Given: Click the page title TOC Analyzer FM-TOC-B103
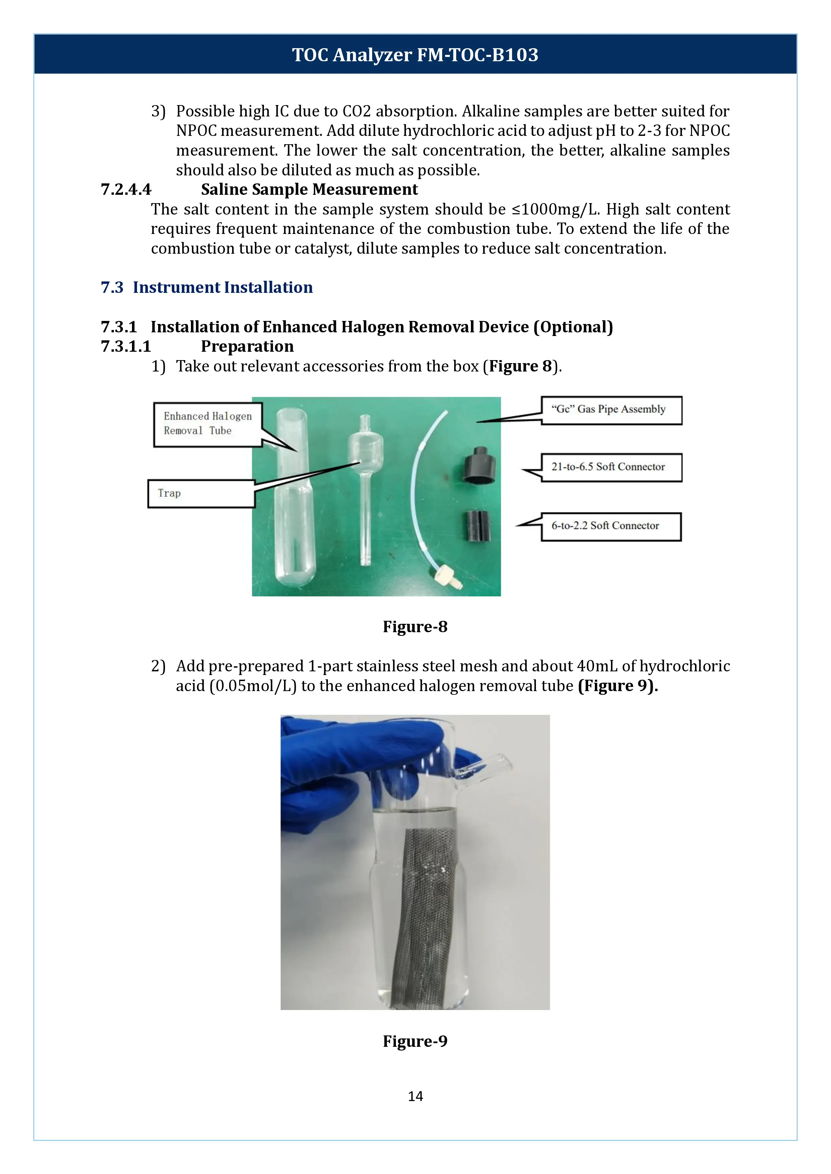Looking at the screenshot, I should tap(415, 55).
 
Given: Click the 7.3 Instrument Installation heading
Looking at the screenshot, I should tap(207, 287).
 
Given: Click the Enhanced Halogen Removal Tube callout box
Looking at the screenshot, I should tap(208, 424).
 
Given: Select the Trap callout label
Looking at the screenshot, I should tap(201, 493).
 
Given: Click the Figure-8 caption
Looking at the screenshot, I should tap(415, 626).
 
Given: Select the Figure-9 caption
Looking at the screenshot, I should tap(415, 1041).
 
